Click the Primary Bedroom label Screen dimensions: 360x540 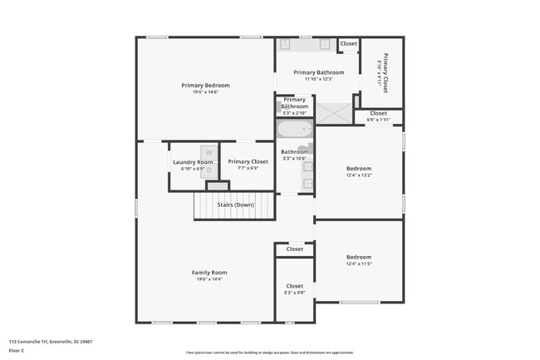pyautogui.click(x=205, y=85)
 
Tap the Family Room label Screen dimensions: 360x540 pyautogui.click(x=209, y=273)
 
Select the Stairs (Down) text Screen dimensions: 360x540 pyautogui.click(x=235, y=205)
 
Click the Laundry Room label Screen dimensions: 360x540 pyautogui.click(x=187, y=162)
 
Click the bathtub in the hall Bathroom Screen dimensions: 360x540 pyautogui.click(x=294, y=130)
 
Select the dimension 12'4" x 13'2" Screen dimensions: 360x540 pyautogui.click(x=359, y=175)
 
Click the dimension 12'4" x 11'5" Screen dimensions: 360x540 pyautogui.click(x=359, y=264)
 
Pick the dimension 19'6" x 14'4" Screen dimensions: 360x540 pyautogui.click(x=209, y=279)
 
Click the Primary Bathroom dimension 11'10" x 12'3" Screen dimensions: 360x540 pyautogui.click(x=318, y=79)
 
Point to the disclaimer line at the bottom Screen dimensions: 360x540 pyautogui.click(x=269, y=353)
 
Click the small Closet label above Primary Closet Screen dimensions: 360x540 pyautogui.click(x=348, y=43)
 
